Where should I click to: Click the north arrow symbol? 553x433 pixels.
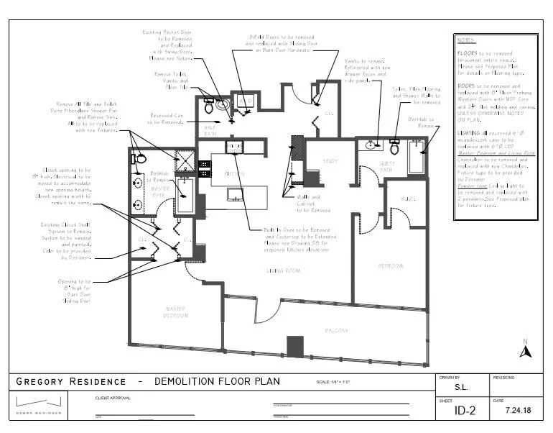coord(525,350)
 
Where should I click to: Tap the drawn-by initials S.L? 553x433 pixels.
coord(462,386)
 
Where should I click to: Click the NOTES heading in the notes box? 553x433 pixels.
coord(466,41)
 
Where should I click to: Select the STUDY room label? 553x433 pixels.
coord(330,161)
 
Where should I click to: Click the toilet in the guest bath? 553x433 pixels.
coord(394,148)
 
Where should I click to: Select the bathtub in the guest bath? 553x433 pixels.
coord(416,158)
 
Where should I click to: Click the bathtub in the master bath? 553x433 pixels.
coord(185,196)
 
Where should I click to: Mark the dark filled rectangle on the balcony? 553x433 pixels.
coord(295,346)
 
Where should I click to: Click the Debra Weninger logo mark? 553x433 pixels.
coord(39,401)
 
